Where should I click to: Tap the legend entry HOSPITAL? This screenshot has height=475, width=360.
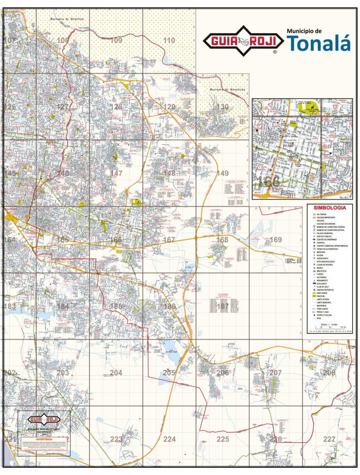(x=321, y=243)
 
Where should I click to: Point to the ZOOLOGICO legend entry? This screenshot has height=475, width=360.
(x=323, y=284)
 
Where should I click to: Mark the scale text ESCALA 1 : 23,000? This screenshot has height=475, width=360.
(x=329, y=324)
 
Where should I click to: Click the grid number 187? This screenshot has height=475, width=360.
(x=223, y=306)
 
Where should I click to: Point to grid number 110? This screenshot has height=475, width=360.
(x=169, y=41)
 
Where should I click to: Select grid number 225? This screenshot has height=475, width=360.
(x=223, y=440)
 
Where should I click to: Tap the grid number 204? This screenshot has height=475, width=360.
(x=116, y=373)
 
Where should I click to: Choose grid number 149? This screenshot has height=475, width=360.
(x=223, y=173)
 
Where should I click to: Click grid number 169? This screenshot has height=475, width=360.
(x=275, y=240)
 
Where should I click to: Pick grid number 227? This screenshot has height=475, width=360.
(x=329, y=440)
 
